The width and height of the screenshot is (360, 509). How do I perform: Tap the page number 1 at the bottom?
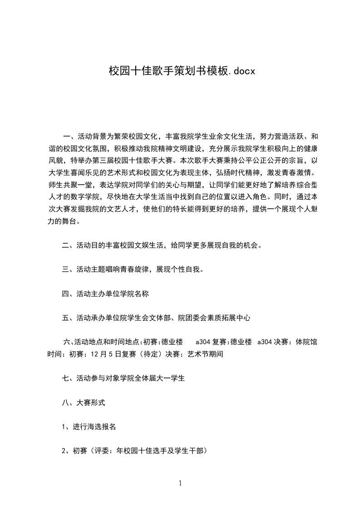pyautogui.click(x=180, y=483)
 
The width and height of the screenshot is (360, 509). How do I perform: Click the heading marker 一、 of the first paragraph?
pyautogui.click(x=69, y=136)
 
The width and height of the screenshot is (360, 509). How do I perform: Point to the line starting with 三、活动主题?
pyautogui.click(x=133, y=269)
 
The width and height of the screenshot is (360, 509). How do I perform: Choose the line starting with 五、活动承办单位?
pyautogui.click(x=156, y=318)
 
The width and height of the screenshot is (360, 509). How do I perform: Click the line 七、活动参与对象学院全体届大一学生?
pyautogui.click(x=123, y=377)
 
